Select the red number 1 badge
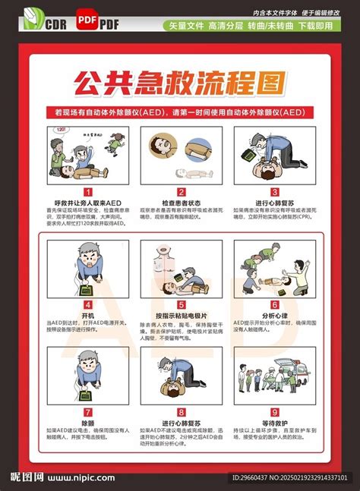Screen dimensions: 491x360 (88, 192)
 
